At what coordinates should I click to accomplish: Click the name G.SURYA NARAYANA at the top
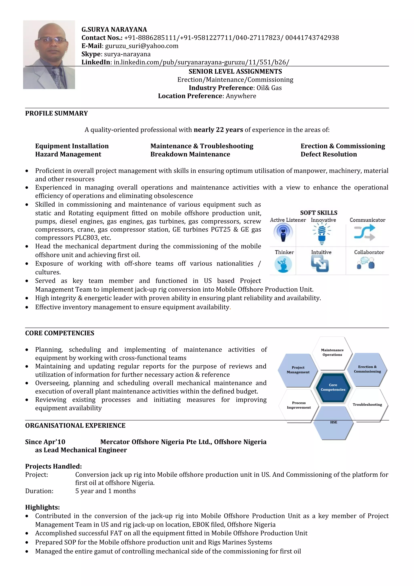(114, 30)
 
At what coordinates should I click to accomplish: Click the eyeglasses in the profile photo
(52, 40)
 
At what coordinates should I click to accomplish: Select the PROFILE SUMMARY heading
(56, 113)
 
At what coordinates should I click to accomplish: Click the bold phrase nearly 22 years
(218, 130)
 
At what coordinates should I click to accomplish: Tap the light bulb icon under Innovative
(322, 233)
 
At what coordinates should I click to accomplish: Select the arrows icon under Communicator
(364, 233)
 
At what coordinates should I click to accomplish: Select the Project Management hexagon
(298, 370)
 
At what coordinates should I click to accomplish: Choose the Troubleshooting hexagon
(367, 405)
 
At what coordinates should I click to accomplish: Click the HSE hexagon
(333, 424)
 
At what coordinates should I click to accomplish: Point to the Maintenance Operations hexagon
(332, 352)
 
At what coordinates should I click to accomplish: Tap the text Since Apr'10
(45, 442)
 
